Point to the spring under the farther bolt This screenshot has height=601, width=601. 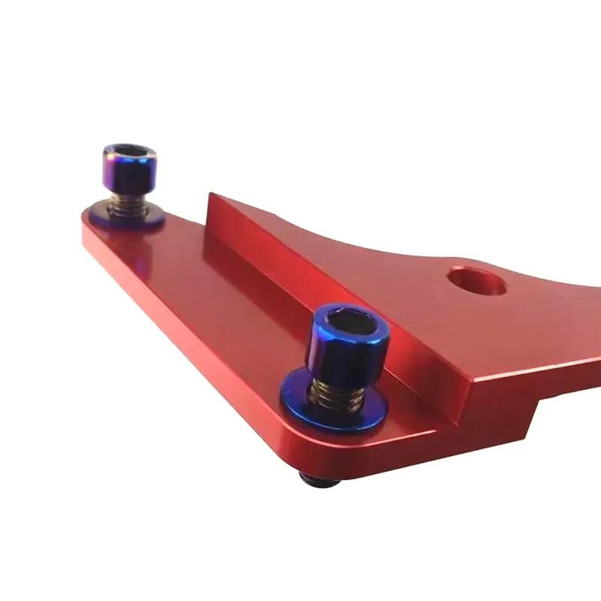click(127, 204)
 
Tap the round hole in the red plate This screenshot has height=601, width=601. click(476, 282)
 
